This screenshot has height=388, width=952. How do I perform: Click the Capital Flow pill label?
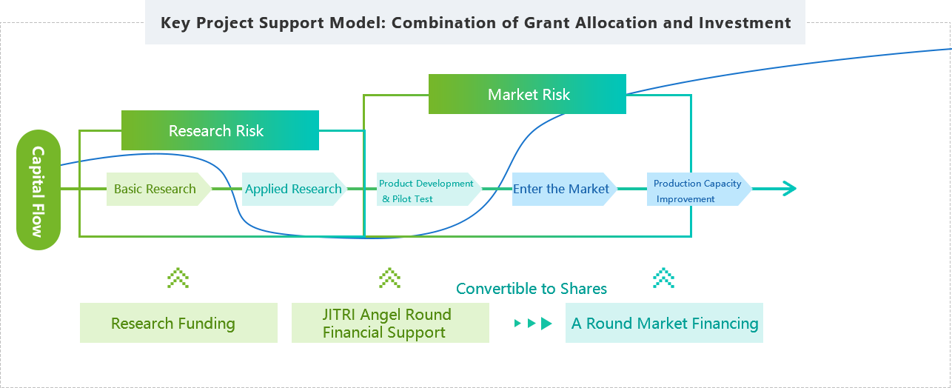tap(38, 190)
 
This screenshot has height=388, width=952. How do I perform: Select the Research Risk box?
tap(220, 130)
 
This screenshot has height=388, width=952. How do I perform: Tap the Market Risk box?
tap(527, 94)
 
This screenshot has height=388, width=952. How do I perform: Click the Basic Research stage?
tap(158, 189)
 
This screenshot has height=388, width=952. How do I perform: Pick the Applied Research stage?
tap(294, 189)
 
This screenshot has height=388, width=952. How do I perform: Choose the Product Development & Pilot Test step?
tap(429, 189)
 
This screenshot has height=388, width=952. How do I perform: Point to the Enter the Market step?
tap(564, 189)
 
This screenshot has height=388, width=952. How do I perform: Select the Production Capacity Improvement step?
tap(699, 189)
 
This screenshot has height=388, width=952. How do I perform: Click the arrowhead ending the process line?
tap(791, 189)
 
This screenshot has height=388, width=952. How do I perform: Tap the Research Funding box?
tap(178, 323)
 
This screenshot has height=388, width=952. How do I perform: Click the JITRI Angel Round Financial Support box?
tap(390, 323)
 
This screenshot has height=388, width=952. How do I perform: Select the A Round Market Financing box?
tap(664, 323)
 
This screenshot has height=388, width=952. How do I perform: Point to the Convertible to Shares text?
tap(532, 289)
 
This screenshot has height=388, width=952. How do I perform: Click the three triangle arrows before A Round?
tap(533, 324)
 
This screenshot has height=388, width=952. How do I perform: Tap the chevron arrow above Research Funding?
tap(178, 278)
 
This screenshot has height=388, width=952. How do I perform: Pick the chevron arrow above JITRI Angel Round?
tap(389, 278)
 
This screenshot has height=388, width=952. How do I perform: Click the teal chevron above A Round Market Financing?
tap(663, 278)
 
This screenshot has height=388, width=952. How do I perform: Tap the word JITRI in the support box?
tap(338, 315)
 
